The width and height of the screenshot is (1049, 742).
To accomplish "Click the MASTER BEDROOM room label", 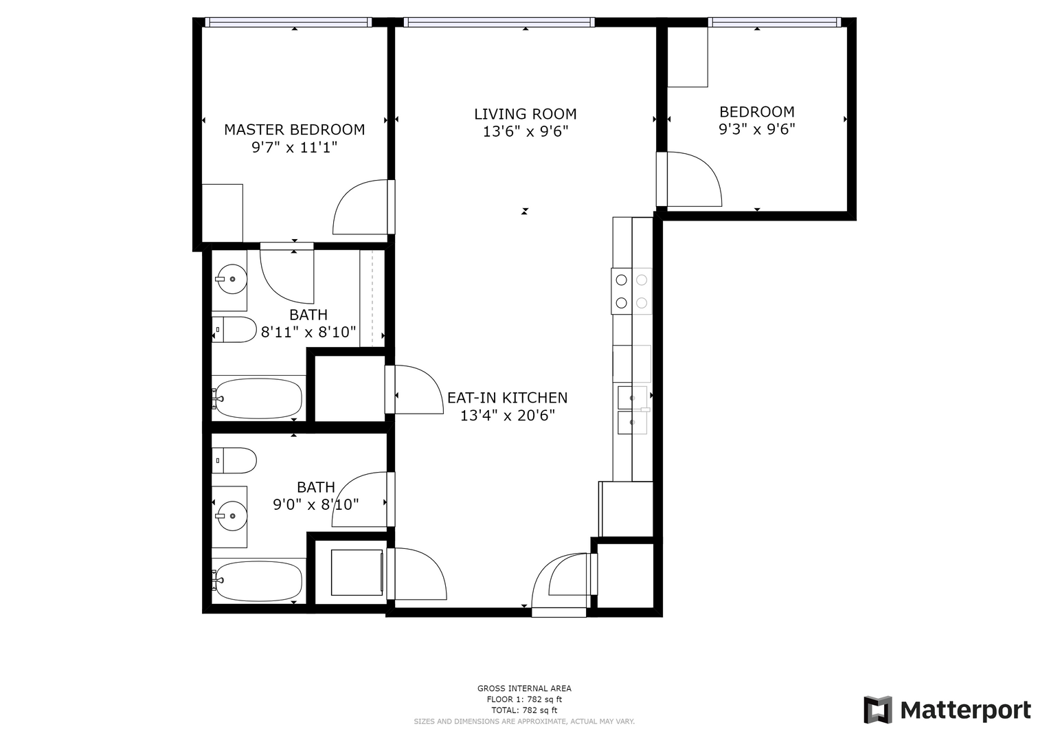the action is click(294, 130).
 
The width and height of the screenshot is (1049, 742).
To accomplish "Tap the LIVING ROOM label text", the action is click(525, 114).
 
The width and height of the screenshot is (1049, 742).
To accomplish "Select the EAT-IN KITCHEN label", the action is click(507, 398).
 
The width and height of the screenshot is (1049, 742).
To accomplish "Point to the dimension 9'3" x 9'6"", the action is click(757, 129).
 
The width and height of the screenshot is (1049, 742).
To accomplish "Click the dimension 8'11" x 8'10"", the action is click(308, 332).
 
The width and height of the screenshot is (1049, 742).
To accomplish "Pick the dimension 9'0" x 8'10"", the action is click(315, 504).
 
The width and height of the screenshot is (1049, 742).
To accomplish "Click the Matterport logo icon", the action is click(878, 710).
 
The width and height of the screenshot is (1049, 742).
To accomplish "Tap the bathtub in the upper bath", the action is click(258, 398).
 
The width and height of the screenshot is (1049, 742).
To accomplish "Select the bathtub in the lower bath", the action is click(258, 581).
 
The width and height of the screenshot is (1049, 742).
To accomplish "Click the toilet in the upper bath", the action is click(234, 330).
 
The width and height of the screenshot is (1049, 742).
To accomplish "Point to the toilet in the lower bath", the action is click(234, 460).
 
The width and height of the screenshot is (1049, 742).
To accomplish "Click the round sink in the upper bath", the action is click(232, 279).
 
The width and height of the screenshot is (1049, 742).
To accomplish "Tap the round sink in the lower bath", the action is click(232, 516).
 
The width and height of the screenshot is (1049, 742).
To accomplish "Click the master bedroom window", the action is click(289, 22).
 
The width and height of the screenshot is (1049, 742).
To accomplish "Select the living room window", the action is click(499, 22).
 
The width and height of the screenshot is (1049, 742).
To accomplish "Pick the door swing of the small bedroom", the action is click(695, 179).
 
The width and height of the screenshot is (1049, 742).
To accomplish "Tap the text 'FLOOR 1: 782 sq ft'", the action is click(525, 699).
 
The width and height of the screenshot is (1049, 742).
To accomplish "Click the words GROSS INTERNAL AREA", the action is click(525, 688).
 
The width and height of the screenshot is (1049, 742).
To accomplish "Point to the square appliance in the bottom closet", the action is click(357, 572).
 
